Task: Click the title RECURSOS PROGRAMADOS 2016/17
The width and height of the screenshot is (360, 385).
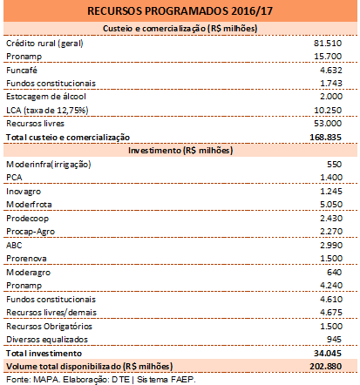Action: (180, 11)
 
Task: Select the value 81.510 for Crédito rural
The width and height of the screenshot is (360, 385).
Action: (328, 44)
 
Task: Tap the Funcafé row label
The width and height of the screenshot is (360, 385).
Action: (22, 71)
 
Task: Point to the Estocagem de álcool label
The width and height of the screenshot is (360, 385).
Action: (46, 97)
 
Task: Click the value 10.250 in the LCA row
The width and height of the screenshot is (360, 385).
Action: (328, 111)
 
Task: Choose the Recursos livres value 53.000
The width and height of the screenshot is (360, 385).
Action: (328, 124)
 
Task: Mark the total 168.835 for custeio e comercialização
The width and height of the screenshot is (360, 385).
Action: (325, 137)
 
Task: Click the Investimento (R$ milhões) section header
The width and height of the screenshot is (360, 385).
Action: (180, 151)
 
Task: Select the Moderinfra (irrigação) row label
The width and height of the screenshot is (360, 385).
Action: (49, 165)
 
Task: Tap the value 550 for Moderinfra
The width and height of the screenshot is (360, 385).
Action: (334, 165)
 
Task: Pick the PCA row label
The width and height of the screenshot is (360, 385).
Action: (14, 178)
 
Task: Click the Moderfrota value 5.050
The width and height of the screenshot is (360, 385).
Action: (331, 205)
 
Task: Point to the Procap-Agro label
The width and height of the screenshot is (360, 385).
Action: (31, 232)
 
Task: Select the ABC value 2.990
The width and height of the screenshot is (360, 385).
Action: (331, 246)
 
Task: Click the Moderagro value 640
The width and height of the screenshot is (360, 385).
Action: (334, 273)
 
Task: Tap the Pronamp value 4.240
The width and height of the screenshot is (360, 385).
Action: (331, 286)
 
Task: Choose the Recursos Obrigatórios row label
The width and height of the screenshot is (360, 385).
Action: (49, 327)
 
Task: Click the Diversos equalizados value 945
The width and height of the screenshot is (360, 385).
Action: (334, 340)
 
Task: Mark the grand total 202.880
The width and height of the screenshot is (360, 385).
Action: (325, 367)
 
